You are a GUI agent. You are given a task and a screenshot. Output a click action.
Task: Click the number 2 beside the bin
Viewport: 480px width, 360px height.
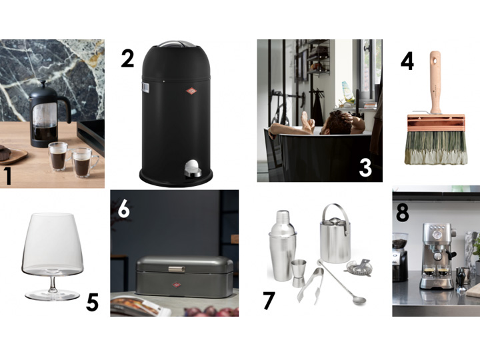pyautogui.click(x=127, y=59)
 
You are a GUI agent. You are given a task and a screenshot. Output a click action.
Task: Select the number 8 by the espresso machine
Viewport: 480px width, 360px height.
pyautogui.click(x=402, y=213)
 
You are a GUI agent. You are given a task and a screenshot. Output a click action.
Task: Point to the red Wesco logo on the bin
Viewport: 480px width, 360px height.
pyautogui.click(x=191, y=91)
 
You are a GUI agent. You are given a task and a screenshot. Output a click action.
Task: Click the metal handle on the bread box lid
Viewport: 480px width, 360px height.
pyautogui.click(x=176, y=269)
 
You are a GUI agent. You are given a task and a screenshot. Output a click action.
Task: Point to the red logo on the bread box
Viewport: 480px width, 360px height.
pyautogui.click(x=176, y=285)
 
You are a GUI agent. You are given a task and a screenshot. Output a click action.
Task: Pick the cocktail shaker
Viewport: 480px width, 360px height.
pyautogui.click(x=282, y=245)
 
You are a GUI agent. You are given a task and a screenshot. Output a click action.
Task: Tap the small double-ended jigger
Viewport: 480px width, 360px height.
pyautogui.click(x=299, y=273)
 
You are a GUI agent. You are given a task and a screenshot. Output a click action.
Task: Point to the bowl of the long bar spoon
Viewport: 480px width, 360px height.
pyautogui.click(x=360, y=300)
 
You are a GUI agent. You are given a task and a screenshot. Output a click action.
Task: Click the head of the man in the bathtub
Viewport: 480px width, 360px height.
pyautogui.click(x=338, y=123)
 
